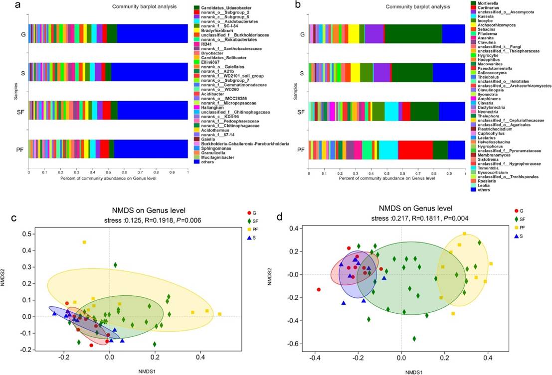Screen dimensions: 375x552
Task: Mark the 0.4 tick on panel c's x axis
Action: coord(200,357)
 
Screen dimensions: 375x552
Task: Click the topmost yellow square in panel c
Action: coord(84,243)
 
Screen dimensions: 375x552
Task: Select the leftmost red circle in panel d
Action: coord(319,289)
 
